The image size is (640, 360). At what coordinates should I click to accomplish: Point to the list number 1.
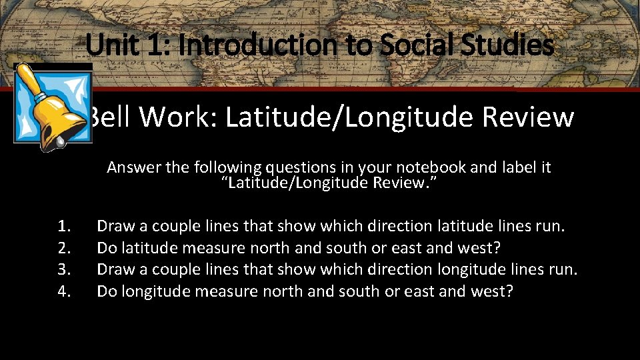pyautogui.click(x=65, y=227)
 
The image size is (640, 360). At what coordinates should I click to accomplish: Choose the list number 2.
pyautogui.click(x=65, y=248)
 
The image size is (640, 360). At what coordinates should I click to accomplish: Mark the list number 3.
pyautogui.click(x=65, y=269)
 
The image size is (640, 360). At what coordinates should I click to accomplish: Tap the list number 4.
pyautogui.click(x=65, y=291)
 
